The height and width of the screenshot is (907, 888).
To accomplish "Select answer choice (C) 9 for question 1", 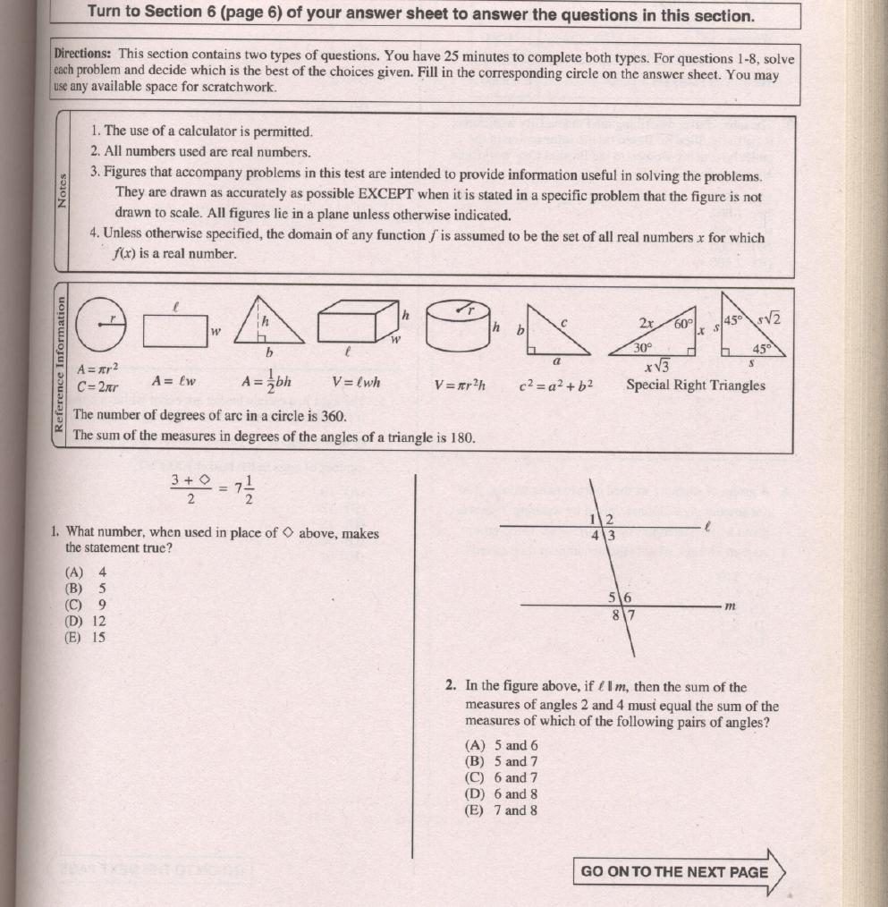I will [86, 604].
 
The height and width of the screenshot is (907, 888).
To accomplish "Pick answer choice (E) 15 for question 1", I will [86, 638].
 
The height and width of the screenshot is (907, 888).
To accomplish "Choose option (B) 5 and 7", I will [502, 761].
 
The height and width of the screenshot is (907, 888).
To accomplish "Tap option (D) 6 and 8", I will [502, 793].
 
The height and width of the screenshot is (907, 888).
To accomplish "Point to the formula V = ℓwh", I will [355, 382].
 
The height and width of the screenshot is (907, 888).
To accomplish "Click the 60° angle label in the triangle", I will [684, 324].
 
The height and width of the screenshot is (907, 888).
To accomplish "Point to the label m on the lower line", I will [730, 606].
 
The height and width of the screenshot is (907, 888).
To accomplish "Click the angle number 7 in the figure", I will [630, 615].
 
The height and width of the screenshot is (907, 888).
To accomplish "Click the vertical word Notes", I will [62, 190].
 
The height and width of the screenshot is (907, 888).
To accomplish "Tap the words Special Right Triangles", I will [695, 386].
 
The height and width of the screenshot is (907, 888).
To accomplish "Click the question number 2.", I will [452, 686].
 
